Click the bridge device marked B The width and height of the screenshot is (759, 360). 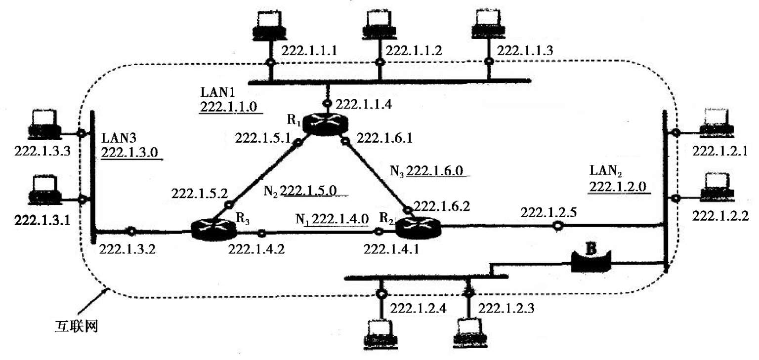(x=591, y=260)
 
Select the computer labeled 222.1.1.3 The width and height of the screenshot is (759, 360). (x=488, y=26)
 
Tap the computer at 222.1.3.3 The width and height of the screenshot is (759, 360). (x=45, y=124)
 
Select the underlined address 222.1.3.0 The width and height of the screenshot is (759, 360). (x=129, y=153)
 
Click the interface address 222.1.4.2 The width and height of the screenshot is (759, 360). (x=256, y=249)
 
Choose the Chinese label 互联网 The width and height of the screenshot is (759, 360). (x=77, y=326)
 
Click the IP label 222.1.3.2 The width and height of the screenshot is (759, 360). (x=127, y=249)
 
